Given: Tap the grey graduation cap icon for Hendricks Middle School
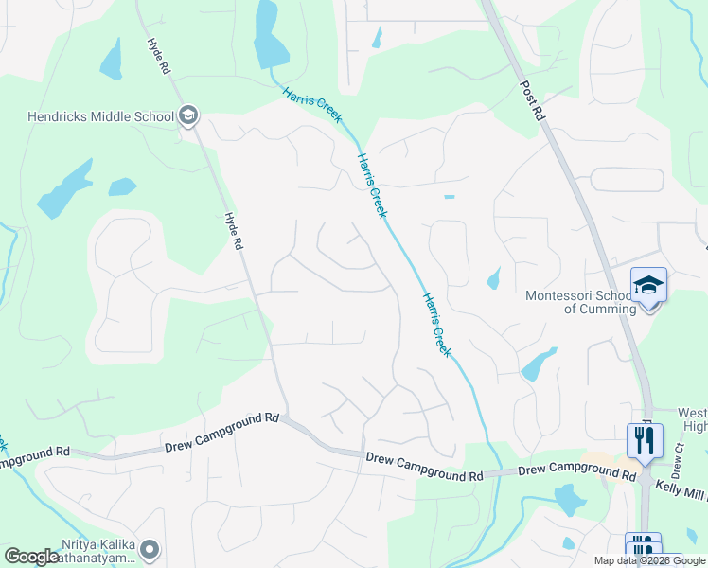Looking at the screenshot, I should pyautogui.click(x=187, y=116).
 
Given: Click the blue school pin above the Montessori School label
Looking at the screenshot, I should pyautogui.click(x=648, y=285).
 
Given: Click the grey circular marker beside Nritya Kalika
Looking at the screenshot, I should pyautogui.click(x=150, y=549).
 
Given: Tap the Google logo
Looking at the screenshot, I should pyautogui.click(x=31, y=557).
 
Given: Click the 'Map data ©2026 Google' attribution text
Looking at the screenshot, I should pyautogui.click(x=650, y=560).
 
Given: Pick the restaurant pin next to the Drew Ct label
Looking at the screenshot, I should pyautogui.click(x=645, y=441).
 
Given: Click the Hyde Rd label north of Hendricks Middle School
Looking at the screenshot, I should pyautogui.click(x=158, y=57).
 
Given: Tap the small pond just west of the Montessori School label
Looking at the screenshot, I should pyautogui.click(x=493, y=278).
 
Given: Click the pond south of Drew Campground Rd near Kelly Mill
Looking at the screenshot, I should pyautogui.click(x=569, y=498).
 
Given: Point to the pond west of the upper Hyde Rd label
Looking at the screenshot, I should pyautogui.click(x=112, y=60).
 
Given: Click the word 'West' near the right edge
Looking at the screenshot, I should pyautogui.click(x=693, y=413).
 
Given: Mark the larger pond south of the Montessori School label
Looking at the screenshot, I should pyautogui.click(x=538, y=364).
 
